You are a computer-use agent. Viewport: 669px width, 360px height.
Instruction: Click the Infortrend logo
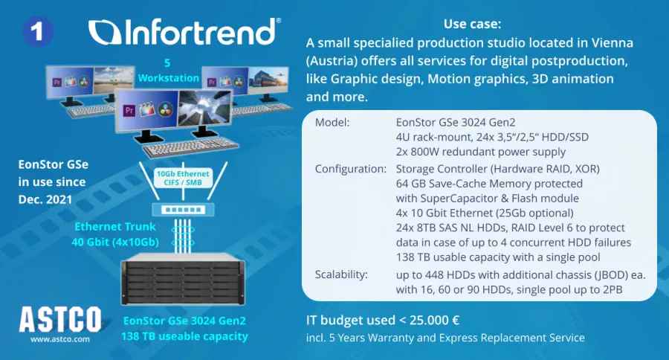click(x=185, y=31)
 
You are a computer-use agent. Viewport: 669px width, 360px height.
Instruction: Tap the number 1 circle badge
click(x=38, y=31)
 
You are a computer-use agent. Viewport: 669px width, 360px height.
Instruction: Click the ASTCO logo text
click(x=60, y=320)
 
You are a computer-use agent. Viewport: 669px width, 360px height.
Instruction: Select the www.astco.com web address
click(x=60, y=339)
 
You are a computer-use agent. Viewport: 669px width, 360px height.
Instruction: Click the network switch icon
click(x=184, y=210)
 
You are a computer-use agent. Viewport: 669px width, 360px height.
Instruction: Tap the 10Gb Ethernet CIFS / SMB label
click(x=183, y=178)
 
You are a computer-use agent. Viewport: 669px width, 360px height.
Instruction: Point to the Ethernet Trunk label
click(x=115, y=234)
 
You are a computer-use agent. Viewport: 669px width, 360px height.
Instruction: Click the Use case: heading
click(x=472, y=24)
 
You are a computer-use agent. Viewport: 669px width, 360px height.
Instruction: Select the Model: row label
click(x=332, y=123)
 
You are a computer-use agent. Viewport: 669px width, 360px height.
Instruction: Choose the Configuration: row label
click(x=351, y=169)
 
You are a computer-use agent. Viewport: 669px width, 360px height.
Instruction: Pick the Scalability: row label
click(x=341, y=274)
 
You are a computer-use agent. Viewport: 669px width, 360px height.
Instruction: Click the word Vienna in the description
click(x=613, y=42)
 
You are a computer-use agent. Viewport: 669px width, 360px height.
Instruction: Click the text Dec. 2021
click(x=45, y=199)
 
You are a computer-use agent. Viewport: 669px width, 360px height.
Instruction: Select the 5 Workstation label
click(x=168, y=71)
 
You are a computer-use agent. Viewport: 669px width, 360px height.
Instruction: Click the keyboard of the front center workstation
click(x=190, y=148)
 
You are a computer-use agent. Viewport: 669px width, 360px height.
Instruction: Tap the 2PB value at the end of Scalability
click(x=613, y=289)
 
